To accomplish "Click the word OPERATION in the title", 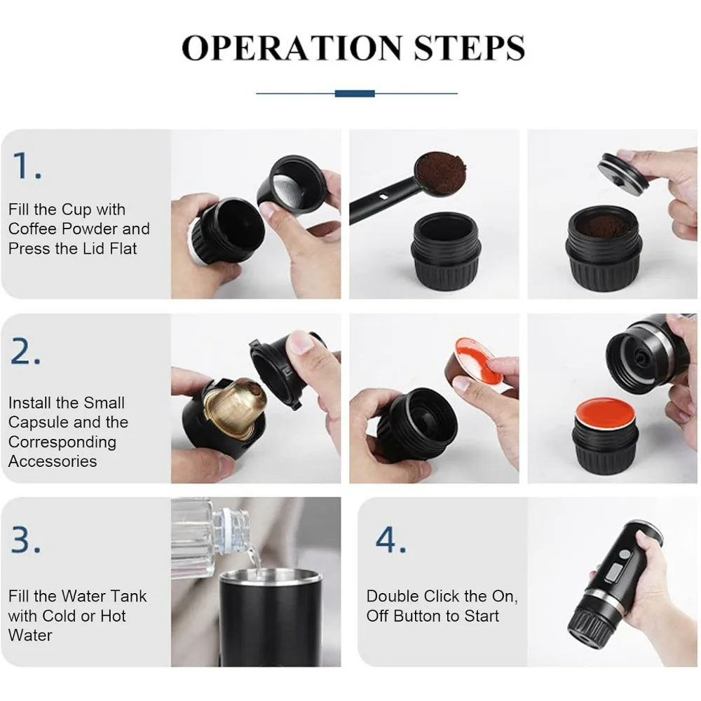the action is [x=292, y=48].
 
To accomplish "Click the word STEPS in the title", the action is [x=469, y=48].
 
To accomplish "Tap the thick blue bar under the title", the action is [x=355, y=93].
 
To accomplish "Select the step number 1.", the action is [x=27, y=165].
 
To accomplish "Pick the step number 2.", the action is [x=26, y=351].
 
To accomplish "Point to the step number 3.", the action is [x=26, y=540].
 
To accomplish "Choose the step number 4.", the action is [x=390, y=540].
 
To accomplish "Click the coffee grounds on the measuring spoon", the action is [x=440, y=172].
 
